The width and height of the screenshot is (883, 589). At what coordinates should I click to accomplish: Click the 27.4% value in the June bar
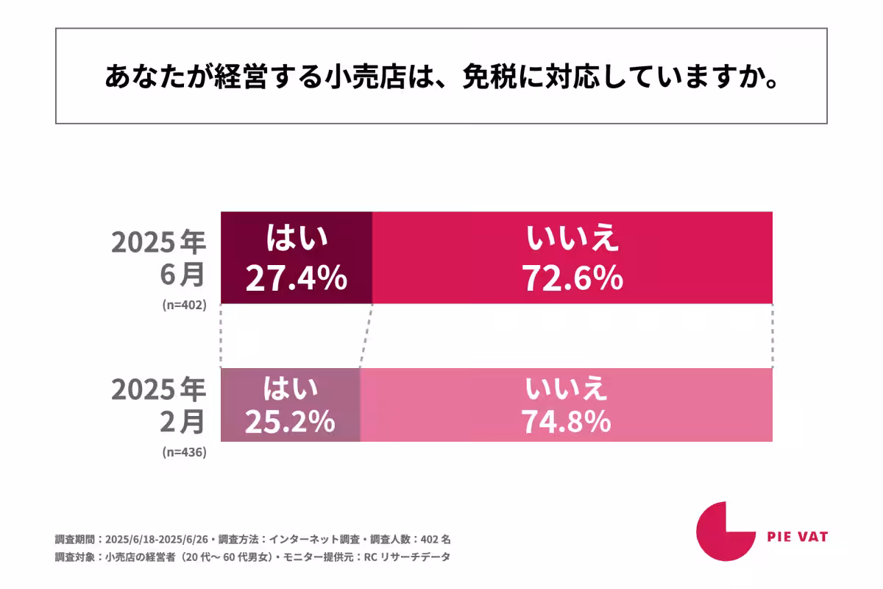296,278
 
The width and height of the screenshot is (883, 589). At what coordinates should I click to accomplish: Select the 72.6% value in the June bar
572,278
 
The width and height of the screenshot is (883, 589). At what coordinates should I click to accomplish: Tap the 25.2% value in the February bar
290,420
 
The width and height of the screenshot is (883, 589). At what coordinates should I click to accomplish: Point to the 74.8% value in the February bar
566,420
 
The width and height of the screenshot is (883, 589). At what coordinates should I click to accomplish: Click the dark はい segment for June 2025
297,258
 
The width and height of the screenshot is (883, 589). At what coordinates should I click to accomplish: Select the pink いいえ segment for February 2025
566,405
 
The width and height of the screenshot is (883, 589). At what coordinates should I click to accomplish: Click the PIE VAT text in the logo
797,537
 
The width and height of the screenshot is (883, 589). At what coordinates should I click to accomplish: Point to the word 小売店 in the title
365,77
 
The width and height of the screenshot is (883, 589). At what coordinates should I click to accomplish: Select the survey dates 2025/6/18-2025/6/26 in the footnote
157,538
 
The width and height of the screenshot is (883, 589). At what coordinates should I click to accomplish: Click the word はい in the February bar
290,388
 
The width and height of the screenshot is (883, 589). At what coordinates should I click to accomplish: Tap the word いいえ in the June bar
572,240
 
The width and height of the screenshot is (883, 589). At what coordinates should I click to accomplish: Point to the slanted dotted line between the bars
366,336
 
